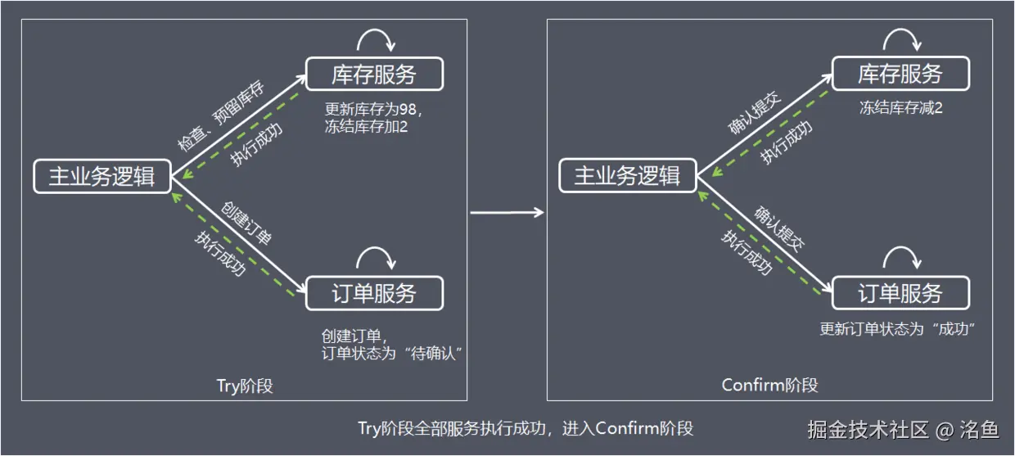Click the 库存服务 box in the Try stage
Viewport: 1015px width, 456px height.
(x=374, y=74)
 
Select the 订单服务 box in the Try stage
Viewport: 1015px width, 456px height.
(x=374, y=293)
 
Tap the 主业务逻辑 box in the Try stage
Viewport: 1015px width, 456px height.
(x=102, y=177)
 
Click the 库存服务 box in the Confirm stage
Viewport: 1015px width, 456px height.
(x=900, y=74)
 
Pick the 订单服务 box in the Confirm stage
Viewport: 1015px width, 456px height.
(x=900, y=293)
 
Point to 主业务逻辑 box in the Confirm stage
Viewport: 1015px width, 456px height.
(x=628, y=177)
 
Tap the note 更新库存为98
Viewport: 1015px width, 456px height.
(x=372, y=109)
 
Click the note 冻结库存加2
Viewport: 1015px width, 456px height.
(x=366, y=127)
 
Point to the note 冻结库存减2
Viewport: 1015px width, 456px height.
(x=900, y=109)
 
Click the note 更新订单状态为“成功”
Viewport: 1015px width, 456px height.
(x=900, y=329)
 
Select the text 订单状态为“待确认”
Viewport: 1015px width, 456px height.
(x=394, y=354)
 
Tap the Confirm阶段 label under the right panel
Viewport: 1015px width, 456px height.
(x=769, y=385)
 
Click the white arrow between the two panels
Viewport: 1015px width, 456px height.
(x=507, y=213)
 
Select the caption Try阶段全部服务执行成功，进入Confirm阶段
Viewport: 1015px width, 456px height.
(x=526, y=428)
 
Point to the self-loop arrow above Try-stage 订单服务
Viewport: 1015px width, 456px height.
(x=377, y=255)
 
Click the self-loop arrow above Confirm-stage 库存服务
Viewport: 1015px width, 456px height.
(x=902, y=37)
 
